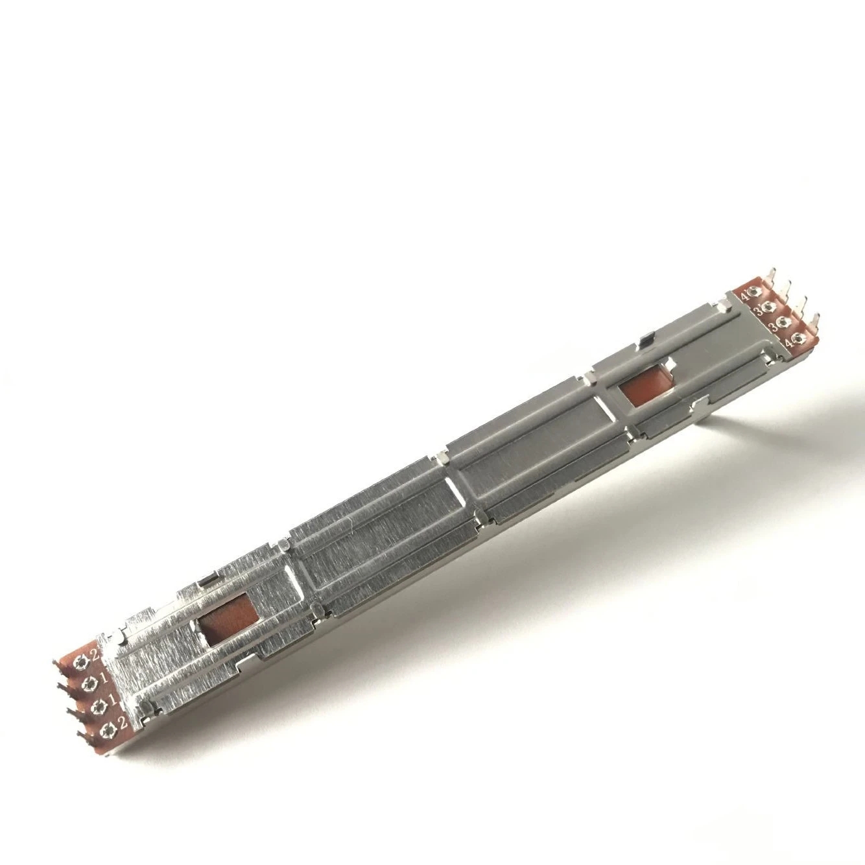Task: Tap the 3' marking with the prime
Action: pyautogui.click(x=759, y=311)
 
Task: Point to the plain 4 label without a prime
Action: pyautogui.click(x=790, y=344)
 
